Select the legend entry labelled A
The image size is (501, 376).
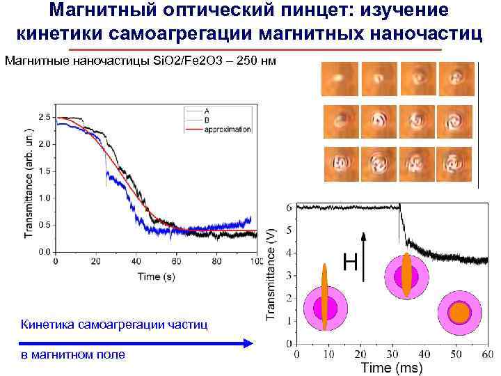coord(207,111)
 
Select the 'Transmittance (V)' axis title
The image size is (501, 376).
coord(273,274)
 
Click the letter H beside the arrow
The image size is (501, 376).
coord(351,263)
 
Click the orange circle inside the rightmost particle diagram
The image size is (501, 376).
coord(459,311)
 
